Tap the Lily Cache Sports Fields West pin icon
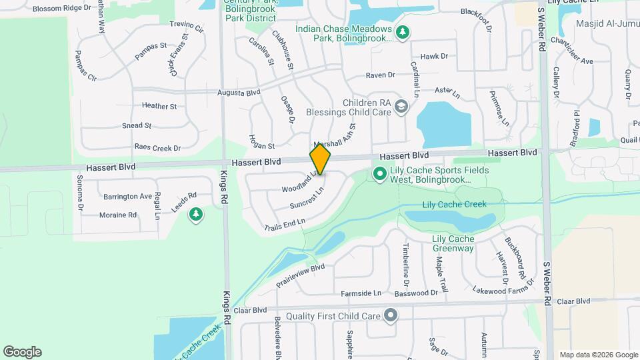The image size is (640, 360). pos(379,175)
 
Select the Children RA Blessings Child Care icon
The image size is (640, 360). pos(401,107)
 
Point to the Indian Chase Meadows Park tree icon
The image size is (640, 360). pos(402,31)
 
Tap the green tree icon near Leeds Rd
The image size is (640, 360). pos(195,215)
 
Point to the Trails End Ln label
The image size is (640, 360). pos(285,224)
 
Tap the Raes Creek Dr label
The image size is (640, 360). pos(158,147)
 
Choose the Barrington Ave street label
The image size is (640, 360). pos(127,196)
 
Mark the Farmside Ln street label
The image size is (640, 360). pos(361,293)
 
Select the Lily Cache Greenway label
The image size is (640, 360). pos(453,243)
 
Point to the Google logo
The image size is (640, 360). pos(22,352)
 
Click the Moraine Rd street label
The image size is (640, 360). pos(118,215)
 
